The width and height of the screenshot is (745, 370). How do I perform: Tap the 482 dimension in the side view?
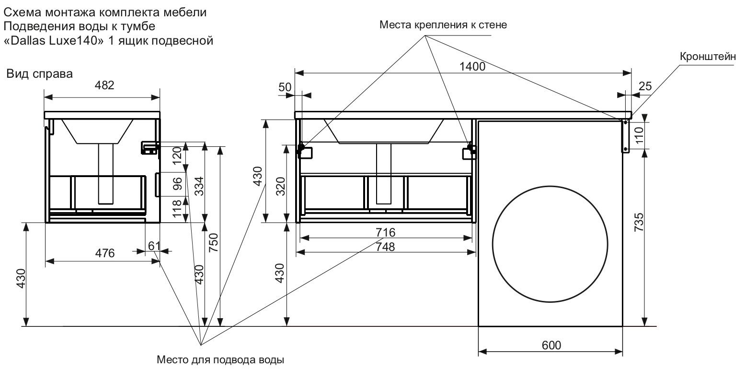[x=105, y=85]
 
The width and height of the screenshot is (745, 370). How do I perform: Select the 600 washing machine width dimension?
[x=551, y=346]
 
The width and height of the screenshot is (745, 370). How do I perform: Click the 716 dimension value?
[x=386, y=232]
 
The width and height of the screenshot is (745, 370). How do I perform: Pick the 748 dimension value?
[x=386, y=247]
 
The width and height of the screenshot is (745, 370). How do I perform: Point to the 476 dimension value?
[x=104, y=253]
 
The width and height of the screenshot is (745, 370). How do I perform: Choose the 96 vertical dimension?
[x=177, y=184]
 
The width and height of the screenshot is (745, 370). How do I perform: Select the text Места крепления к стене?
[x=443, y=24]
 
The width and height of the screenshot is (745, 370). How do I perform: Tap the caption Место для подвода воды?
[x=221, y=359]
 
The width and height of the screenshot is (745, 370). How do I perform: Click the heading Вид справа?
[x=39, y=74]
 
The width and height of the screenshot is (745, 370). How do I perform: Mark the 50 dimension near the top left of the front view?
[x=298, y=87]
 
